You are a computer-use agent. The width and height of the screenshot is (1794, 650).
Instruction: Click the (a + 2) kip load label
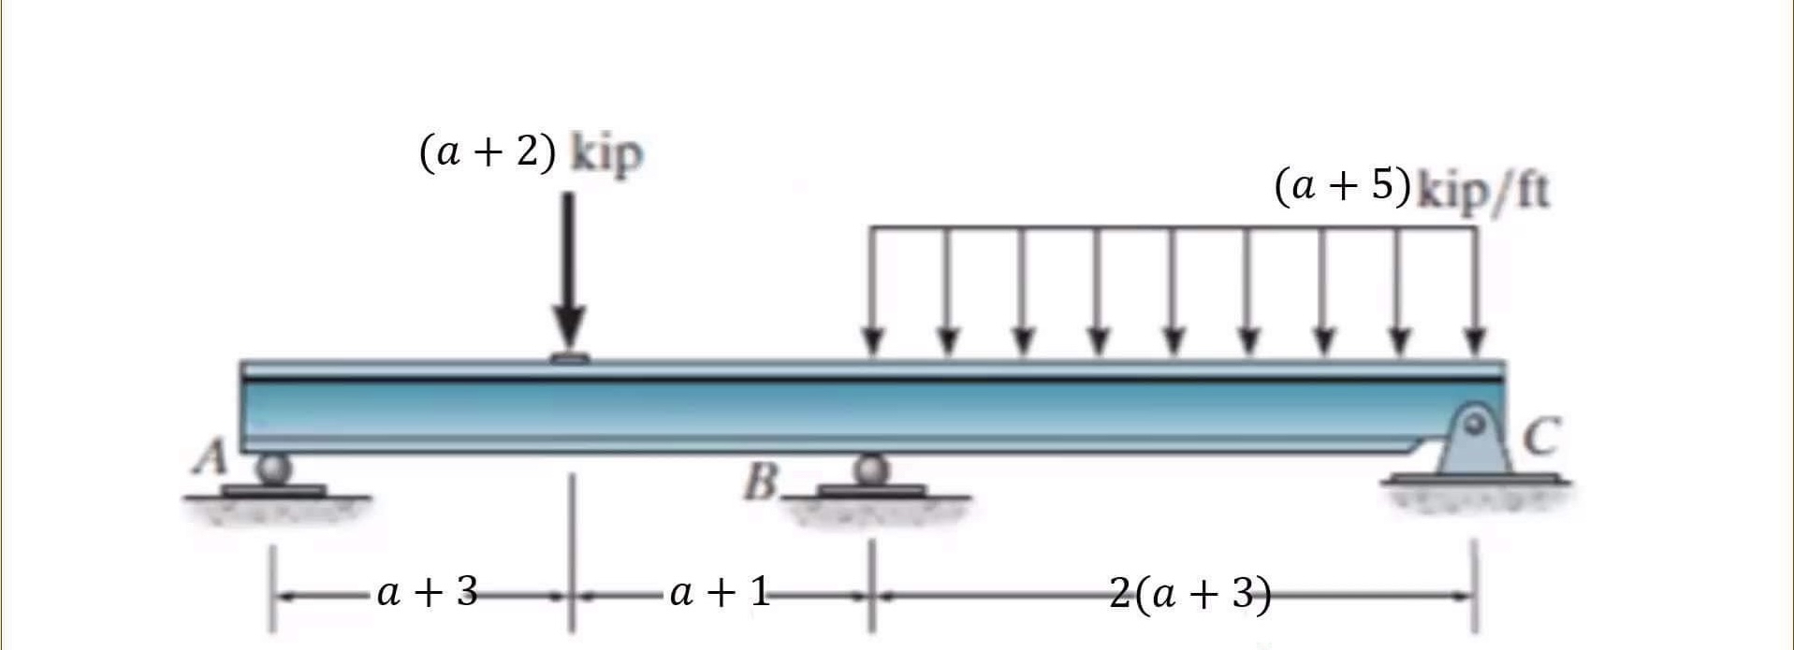(x=532, y=153)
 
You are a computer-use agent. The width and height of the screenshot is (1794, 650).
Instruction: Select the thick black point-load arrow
(x=568, y=271)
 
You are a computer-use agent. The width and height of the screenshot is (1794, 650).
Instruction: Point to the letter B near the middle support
(x=763, y=484)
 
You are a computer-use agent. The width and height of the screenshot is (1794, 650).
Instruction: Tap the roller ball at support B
(x=871, y=469)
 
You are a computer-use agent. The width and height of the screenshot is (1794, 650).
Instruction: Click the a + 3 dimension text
(x=428, y=592)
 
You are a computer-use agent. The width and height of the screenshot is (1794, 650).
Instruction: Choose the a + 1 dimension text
(x=720, y=592)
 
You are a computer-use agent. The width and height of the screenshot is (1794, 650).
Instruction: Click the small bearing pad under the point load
(x=568, y=356)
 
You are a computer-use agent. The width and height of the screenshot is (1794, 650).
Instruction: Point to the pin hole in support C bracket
(x=1476, y=424)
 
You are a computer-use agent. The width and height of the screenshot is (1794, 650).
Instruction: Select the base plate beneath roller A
(x=273, y=490)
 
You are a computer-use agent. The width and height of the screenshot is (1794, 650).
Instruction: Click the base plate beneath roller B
(x=871, y=490)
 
